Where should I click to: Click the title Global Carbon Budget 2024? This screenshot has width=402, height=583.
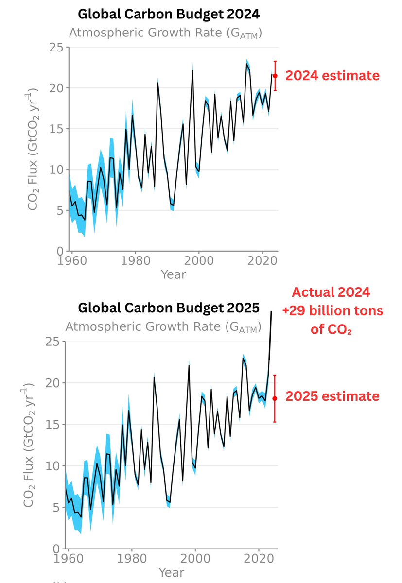(x=169, y=14)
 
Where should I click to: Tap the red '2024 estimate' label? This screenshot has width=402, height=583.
(x=332, y=76)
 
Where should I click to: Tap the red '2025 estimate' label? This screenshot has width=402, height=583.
(x=332, y=396)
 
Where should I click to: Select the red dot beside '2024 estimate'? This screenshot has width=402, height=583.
(x=275, y=75)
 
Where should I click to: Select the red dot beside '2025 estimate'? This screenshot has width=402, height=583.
(x=275, y=398)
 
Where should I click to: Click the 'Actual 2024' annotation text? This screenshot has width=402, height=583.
(x=331, y=293)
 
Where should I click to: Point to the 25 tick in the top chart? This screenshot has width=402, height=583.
(x=57, y=47)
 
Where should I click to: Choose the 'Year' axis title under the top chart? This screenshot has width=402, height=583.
(x=173, y=275)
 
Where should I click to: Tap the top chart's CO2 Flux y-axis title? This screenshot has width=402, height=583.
(x=33, y=150)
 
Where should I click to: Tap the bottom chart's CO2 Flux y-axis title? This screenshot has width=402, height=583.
(x=29, y=446)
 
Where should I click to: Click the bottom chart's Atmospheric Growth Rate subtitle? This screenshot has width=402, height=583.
(x=163, y=327)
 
